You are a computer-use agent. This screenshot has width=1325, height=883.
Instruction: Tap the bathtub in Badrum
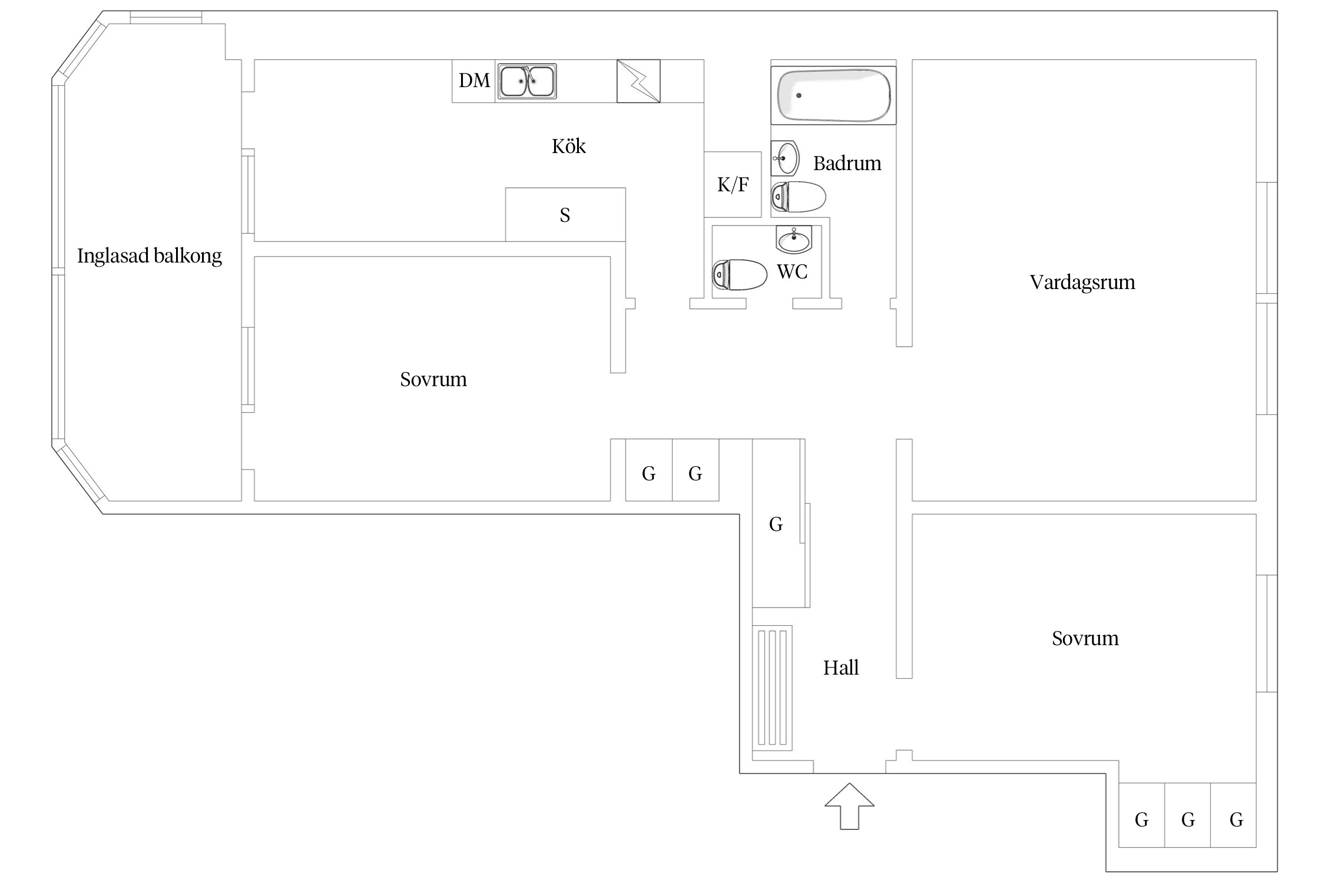point(833,95)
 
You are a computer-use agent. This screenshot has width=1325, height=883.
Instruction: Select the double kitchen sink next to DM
point(527,81)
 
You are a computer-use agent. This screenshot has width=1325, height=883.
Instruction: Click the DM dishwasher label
point(474,80)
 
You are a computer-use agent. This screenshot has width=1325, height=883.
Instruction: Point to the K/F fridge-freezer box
point(733,184)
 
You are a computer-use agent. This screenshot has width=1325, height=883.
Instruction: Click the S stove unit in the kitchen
point(565,214)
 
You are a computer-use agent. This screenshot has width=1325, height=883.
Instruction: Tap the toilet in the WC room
point(740,275)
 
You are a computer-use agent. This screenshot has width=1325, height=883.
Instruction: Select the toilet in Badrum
point(799,197)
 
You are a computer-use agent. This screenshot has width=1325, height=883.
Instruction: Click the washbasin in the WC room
point(794,238)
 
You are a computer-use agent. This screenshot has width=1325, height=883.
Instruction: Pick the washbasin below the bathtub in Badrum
point(785,158)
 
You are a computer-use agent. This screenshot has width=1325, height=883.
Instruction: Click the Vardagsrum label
point(1082,282)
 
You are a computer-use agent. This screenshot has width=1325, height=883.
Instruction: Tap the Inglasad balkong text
point(150,256)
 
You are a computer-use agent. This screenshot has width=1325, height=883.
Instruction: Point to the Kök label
point(569,146)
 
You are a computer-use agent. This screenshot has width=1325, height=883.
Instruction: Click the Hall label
point(841,668)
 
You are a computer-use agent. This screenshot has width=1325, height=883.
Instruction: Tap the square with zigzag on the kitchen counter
point(638,81)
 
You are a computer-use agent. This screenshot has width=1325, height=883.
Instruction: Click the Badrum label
point(847,163)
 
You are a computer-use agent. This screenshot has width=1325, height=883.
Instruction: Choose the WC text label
point(792,272)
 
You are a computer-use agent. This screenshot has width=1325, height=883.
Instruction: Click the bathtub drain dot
point(799,95)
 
